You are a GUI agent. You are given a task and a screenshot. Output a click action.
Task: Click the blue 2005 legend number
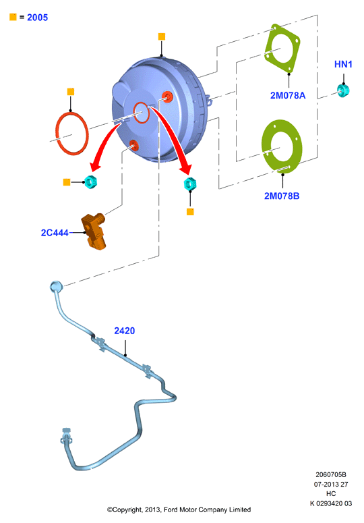pos(37,18)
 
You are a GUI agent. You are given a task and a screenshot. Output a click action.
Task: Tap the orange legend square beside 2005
pos(13,17)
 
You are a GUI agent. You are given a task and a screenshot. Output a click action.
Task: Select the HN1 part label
pos(343,64)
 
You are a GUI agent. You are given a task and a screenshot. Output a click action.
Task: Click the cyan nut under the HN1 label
pos(342,90)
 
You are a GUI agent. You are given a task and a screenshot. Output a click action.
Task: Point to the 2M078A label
pos(288,95)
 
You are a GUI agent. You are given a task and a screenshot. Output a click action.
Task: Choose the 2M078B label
pos(282,196)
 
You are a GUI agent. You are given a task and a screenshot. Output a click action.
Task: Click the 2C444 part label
pos(55,233)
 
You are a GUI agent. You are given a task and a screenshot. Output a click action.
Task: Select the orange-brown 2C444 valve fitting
pos(94,231)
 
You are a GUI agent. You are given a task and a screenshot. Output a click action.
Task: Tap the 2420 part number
pos(125,331)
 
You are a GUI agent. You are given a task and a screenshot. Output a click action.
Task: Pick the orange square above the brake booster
pos(162,36)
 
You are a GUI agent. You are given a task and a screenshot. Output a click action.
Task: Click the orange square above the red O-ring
pos(71,92)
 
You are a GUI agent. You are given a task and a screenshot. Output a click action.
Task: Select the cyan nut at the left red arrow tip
pos(90,182)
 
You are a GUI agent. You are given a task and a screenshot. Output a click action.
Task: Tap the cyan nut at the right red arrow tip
pos(190,184)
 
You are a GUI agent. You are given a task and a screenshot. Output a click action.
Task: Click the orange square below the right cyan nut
pos(190,212)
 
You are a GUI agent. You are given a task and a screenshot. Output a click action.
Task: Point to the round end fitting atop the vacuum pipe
pos(56,286)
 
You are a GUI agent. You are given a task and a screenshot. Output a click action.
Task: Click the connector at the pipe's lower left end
pos(66,436)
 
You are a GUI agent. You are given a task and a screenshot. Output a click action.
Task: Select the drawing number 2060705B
pos(331,474)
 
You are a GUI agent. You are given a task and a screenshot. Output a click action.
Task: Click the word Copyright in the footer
pos(127,510)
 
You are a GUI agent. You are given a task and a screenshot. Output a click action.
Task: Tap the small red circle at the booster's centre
pos(141,113)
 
